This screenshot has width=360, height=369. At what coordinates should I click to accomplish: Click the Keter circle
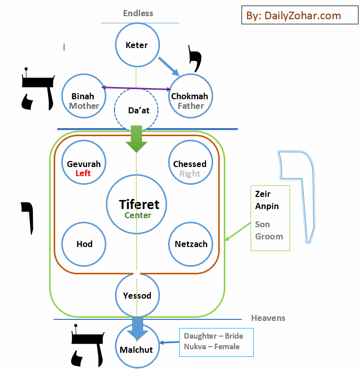click(137, 45)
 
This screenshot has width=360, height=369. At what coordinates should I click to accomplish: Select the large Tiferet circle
click(137, 205)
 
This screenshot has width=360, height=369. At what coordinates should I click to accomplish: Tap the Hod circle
click(84, 244)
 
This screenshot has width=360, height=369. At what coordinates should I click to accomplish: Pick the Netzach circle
click(190, 244)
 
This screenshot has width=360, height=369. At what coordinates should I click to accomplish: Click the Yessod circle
click(137, 295)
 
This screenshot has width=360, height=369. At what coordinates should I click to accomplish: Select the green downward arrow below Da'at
click(137, 139)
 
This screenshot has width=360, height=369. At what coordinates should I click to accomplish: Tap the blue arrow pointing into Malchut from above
click(137, 328)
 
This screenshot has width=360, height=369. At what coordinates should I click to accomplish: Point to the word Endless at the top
click(138, 13)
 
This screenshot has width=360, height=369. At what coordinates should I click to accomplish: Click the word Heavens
click(268, 318)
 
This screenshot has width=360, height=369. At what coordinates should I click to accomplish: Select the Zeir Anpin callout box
click(270, 218)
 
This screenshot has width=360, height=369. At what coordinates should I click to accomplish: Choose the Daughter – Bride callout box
click(216, 342)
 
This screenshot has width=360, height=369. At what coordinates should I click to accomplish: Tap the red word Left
click(83, 173)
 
